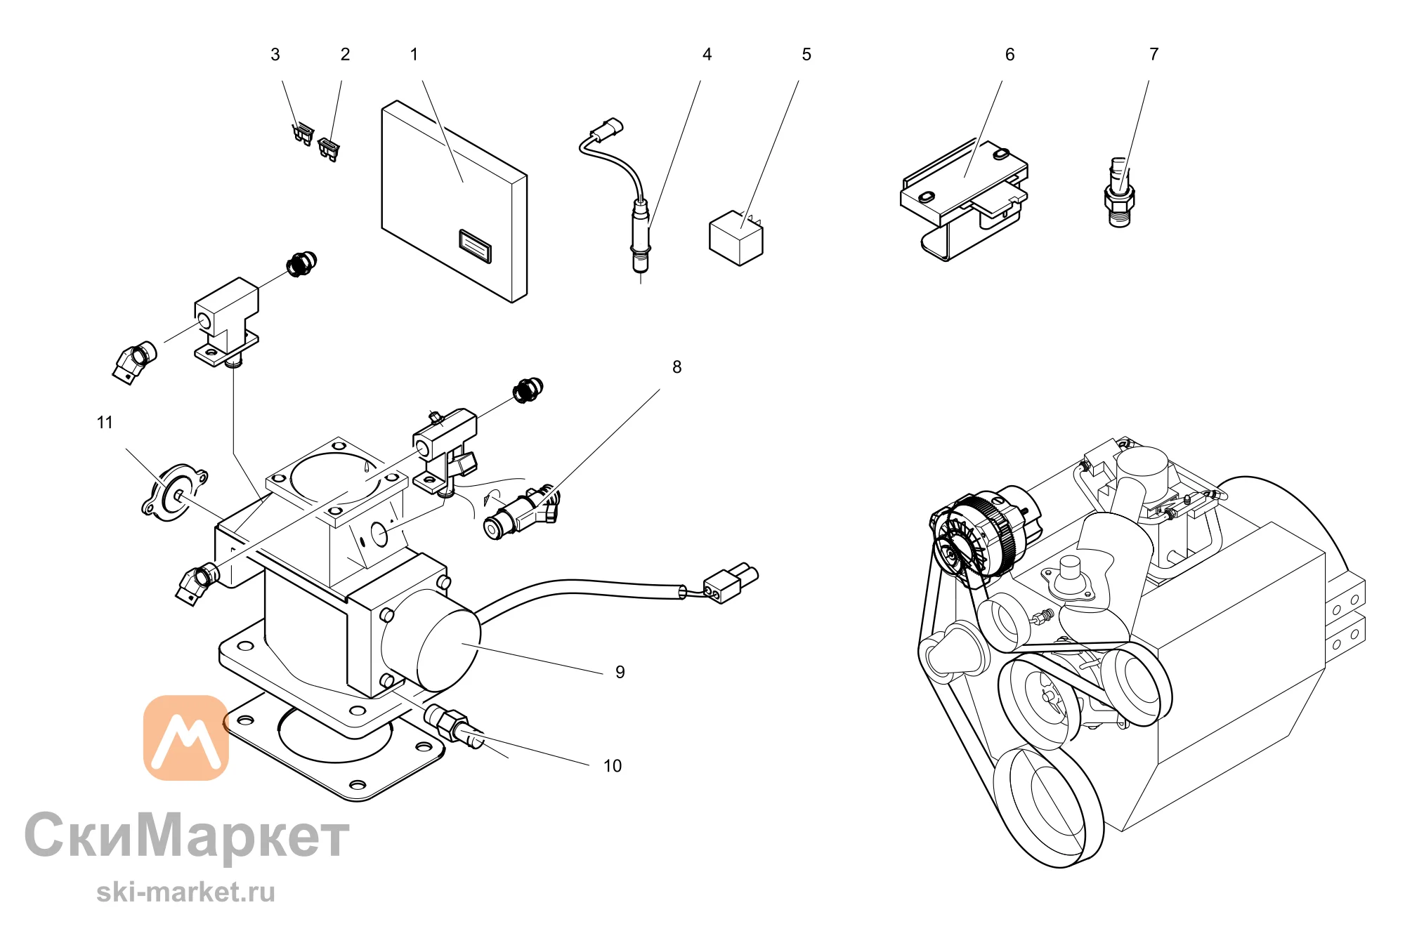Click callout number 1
pos(414,55)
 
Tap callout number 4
pos(707,55)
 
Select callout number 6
pos(1009,55)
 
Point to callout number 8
pos(677,367)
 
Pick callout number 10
pos(613,766)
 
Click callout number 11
pos(105,423)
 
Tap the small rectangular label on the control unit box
pos(475,246)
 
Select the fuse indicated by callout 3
pos(303,133)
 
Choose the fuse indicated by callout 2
pos(329,149)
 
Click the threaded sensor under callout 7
pos(1119,192)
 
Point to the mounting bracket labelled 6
pos(964,200)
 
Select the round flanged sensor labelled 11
pos(174,493)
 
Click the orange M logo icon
pos(186,738)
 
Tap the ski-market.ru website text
pos(186,892)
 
